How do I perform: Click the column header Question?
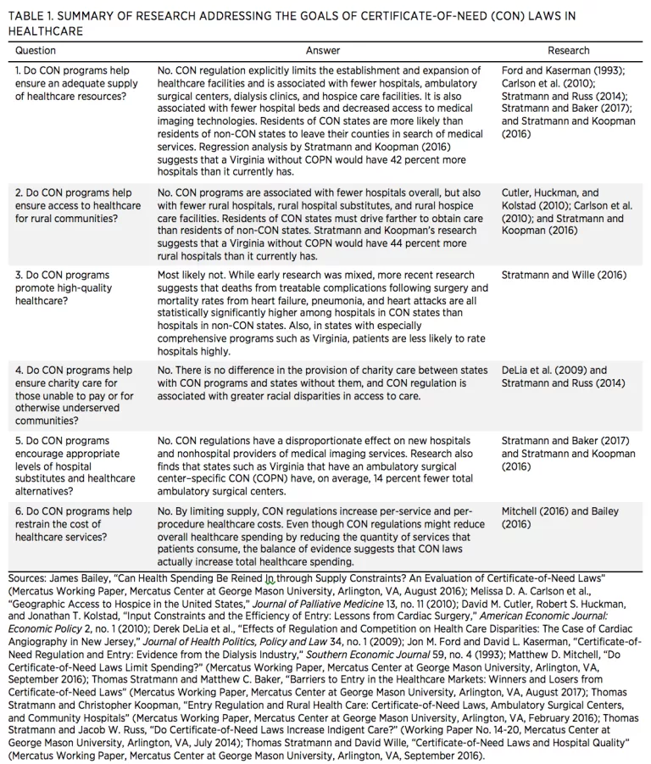click(x=36, y=51)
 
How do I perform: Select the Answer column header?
click(x=323, y=51)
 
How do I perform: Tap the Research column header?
click(x=568, y=51)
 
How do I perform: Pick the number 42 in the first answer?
click(x=386, y=159)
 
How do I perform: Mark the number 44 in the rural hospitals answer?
click(x=384, y=243)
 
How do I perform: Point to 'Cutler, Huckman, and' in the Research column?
click(x=549, y=193)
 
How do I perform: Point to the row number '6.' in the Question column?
click(x=20, y=512)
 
